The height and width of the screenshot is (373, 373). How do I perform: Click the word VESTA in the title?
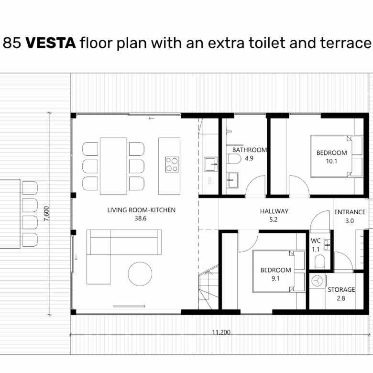(x=51, y=43)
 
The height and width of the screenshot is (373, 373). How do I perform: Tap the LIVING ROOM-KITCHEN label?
(x=141, y=210)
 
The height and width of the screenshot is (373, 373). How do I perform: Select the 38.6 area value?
(x=141, y=219)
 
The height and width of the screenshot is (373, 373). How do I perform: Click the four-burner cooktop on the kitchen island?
(x=172, y=165)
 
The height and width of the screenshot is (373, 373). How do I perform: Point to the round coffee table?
(x=140, y=274)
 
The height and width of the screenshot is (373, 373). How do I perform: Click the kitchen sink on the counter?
(x=211, y=165)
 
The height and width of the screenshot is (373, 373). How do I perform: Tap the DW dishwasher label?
(x=209, y=180)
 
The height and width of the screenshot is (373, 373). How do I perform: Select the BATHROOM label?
(x=250, y=150)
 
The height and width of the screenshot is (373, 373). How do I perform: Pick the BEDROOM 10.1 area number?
(x=331, y=161)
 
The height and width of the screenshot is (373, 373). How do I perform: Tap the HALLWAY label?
(x=274, y=211)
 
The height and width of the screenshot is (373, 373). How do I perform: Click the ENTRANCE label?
(x=350, y=212)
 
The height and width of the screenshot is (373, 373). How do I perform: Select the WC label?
(x=316, y=241)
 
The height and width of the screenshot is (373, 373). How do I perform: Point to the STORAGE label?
(x=341, y=289)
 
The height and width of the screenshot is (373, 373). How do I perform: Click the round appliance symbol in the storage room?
(x=317, y=281)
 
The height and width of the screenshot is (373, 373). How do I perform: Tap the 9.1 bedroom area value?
(x=275, y=279)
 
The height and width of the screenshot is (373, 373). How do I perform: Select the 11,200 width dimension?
(x=221, y=332)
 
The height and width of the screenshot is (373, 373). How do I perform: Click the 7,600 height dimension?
(x=46, y=214)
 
